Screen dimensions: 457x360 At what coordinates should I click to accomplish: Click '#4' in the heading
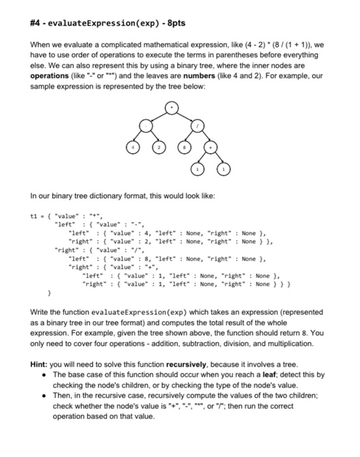tap(21, 24)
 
